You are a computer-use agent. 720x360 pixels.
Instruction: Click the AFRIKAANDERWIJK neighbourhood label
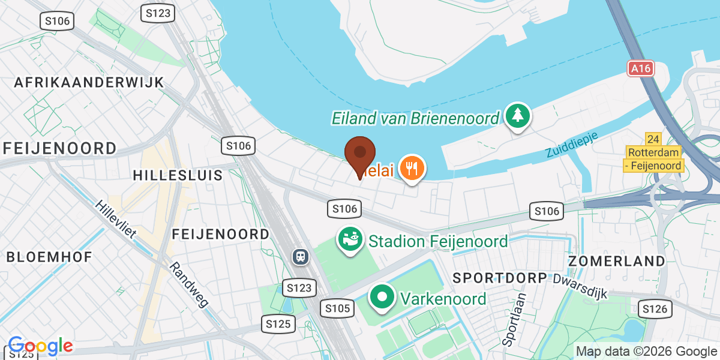coord(89,82)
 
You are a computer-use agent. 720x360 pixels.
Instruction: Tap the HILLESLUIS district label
coord(178,175)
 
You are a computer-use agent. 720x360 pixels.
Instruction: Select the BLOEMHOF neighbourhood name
coord(49,257)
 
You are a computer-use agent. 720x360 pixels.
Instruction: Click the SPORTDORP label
coord(500,278)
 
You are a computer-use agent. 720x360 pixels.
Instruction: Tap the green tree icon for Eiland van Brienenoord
coord(517,115)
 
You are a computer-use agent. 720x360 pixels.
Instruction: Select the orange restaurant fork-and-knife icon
coord(412,168)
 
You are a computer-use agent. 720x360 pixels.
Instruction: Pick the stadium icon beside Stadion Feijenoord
coord(350,239)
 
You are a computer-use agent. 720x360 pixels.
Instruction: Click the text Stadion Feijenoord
coord(438,242)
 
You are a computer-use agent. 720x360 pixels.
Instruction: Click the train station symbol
coord(300,257)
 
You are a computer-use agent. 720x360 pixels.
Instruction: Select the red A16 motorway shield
coord(641,68)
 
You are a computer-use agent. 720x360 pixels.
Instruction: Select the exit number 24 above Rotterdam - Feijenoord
coord(654,138)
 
